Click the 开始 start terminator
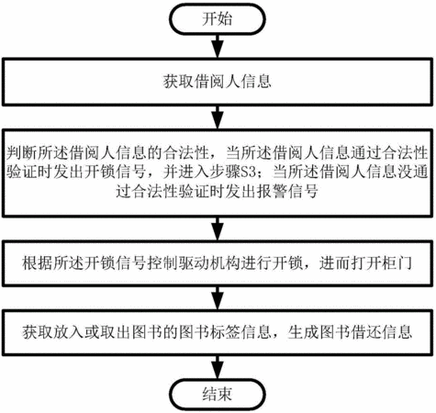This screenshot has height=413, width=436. tap(218, 19)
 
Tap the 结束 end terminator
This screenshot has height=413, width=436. tap(218, 394)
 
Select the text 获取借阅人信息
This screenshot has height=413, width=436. tap(218, 82)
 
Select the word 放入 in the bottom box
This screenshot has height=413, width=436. tap(69, 332)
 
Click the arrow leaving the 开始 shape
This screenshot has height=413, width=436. tap(218, 46)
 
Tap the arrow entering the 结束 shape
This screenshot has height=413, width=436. tap(218, 367)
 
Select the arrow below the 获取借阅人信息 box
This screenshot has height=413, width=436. tap(218, 117)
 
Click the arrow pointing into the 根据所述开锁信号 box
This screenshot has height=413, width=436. tap(218, 229)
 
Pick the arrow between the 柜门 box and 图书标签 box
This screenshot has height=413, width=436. tap(218, 298)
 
